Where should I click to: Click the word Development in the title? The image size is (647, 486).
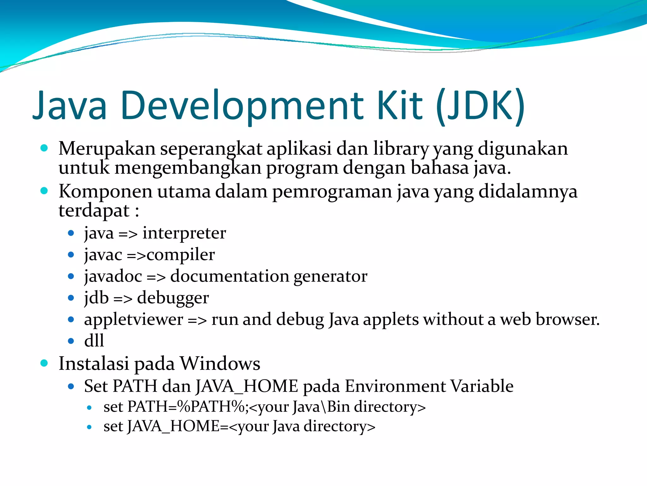[x=242, y=106]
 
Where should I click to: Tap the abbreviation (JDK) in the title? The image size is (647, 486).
[x=481, y=106]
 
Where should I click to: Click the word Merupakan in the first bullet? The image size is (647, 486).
[x=107, y=148]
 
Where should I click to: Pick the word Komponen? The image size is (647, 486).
[x=105, y=192]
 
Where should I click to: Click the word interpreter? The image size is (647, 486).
[x=184, y=233]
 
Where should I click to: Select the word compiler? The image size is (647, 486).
[x=181, y=255]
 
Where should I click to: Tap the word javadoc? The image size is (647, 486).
[x=113, y=276]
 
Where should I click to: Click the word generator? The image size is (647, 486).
[x=330, y=276]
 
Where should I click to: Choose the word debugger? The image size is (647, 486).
[x=173, y=298]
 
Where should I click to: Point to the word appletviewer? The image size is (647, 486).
[x=133, y=319]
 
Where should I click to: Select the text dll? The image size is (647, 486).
[x=94, y=341]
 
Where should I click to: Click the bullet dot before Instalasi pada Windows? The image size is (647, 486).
[x=44, y=363]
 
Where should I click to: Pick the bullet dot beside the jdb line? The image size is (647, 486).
[x=71, y=298]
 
